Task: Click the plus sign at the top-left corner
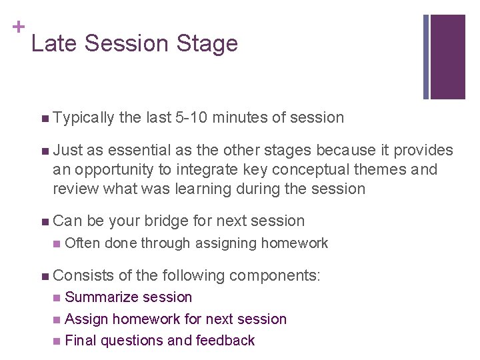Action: click(19, 27)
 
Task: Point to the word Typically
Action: click(83, 118)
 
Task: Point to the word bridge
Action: click(168, 221)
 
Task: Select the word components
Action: click(275, 274)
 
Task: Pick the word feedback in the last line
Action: click(225, 341)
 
